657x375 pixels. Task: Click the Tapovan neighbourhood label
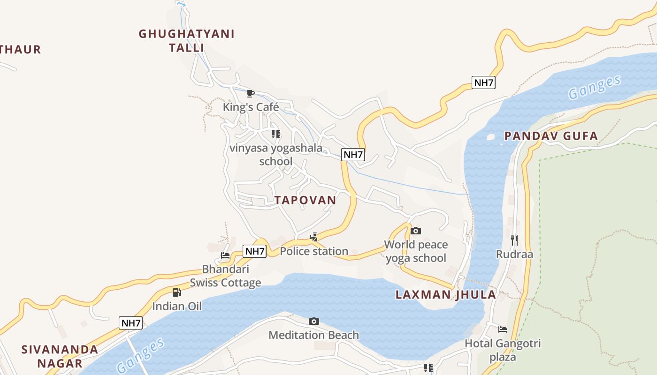click(305, 200)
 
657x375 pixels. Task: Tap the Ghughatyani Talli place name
click(186, 41)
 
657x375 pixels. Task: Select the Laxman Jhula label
click(445, 295)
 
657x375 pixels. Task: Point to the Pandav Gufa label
click(551, 136)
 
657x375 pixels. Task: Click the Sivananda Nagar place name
click(60, 356)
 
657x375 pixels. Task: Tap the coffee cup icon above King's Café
click(251, 94)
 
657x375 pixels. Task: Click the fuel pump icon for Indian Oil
click(176, 292)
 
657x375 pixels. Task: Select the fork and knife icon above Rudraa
click(514, 240)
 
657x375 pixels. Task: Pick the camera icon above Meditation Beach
click(314, 321)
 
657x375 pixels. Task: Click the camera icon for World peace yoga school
click(415, 231)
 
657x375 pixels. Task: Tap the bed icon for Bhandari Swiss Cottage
click(225, 255)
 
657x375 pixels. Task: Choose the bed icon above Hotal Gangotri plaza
click(503, 330)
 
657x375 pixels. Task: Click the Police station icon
click(314, 237)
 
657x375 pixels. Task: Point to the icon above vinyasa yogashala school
click(276, 134)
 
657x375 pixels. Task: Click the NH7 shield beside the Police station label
click(255, 251)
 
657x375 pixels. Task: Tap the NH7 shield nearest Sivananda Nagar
click(131, 323)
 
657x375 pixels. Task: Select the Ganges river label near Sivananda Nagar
click(141, 355)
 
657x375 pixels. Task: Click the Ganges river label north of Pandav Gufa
click(595, 88)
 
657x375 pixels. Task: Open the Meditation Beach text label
click(313, 335)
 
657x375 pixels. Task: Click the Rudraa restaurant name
click(514, 255)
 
